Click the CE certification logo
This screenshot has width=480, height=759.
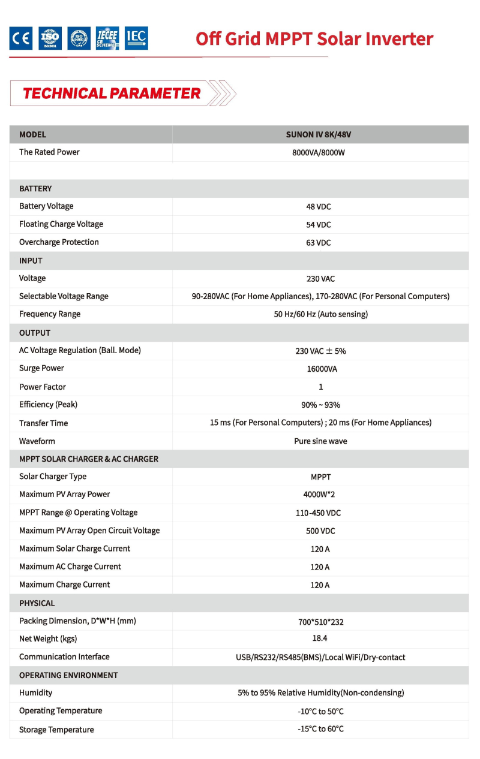click(x=21, y=38)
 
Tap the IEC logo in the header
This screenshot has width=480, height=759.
click(x=136, y=38)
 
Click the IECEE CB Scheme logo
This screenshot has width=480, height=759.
click(x=107, y=38)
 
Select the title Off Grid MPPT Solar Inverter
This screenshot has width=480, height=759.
click(x=314, y=38)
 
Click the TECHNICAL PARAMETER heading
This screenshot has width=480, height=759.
click(x=112, y=94)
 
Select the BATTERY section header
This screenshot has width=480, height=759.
click(x=35, y=189)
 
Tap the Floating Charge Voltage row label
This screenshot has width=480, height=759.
click(x=61, y=224)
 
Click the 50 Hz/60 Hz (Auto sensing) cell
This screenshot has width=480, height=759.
click(x=320, y=314)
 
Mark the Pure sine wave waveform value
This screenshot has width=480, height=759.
click(x=320, y=441)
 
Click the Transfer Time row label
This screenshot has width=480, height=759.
click(x=43, y=423)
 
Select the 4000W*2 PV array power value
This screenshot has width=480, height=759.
click(x=320, y=495)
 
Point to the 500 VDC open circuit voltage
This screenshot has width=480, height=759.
click(x=320, y=531)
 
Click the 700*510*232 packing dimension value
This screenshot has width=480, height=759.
click(x=320, y=622)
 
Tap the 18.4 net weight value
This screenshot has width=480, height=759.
click(x=320, y=638)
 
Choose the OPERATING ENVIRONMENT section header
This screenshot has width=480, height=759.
click(x=68, y=675)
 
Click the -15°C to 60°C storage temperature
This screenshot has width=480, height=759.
click(x=320, y=729)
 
